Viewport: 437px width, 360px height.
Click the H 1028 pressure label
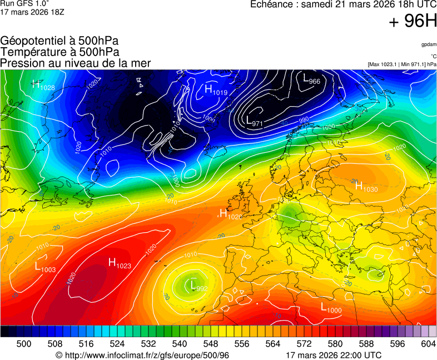43,86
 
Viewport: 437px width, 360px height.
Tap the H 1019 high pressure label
216,90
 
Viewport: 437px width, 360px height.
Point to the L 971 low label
254,121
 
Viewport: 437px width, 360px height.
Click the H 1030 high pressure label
366,187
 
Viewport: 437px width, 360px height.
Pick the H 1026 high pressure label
230,214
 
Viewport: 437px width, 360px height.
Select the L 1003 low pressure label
45,268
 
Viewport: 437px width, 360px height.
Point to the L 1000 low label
331,307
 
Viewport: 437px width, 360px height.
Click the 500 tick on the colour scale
24,344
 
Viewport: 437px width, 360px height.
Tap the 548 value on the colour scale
198,344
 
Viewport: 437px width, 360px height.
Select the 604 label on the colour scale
428,344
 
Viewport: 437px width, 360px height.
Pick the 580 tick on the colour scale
335,344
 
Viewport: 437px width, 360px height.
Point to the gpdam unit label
429,44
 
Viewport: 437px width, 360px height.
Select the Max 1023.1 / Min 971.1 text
402,64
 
